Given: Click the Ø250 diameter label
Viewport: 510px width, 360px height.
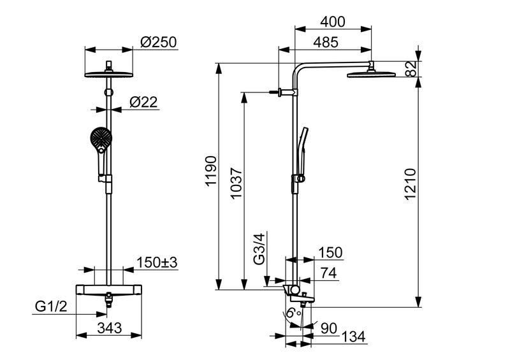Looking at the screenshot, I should pos(158,43).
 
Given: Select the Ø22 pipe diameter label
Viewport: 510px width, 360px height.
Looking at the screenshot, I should pos(143,101).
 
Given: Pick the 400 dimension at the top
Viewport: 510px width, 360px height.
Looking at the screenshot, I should pos(333,22).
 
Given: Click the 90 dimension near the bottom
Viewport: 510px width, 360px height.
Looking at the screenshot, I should pos(329,328).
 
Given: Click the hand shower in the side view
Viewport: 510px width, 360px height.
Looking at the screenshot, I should pos(303,147).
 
